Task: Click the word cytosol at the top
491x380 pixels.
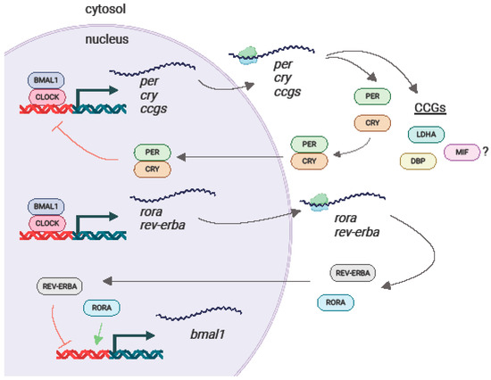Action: [66, 10]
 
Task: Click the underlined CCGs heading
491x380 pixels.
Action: [433, 108]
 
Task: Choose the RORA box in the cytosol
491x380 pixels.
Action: [336, 302]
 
